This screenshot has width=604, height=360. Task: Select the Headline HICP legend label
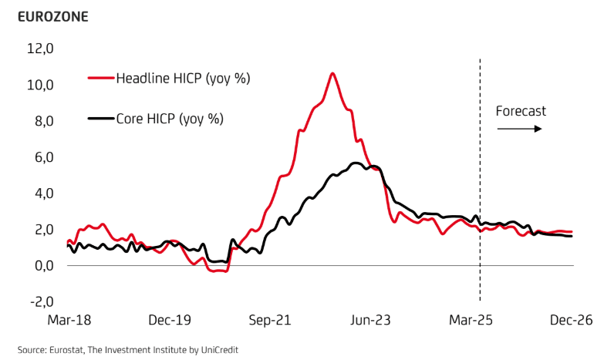tap(183, 78)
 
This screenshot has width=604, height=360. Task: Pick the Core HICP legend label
tap(170, 119)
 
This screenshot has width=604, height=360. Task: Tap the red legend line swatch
tap(101, 78)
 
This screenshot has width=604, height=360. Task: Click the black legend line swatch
tap(101, 119)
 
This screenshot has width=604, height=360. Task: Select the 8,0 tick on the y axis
tap(42, 121)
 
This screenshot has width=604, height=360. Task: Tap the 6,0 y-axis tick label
tap(42, 157)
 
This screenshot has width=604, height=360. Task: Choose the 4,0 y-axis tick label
tap(42, 193)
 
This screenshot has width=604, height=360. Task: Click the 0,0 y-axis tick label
tap(42, 265)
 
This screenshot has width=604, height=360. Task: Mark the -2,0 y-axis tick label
tap(39, 301)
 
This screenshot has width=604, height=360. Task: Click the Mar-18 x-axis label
tap(69, 321)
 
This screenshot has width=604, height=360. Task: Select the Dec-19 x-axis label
tap(170, 321)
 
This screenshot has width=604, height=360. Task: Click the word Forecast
tap(521, 111)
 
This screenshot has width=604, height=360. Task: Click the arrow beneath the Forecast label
tap(520, 129)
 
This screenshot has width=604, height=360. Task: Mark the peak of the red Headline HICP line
tap(332, 73)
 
